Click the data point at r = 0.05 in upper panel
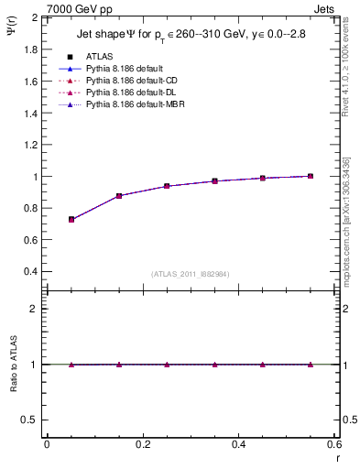(71, 220)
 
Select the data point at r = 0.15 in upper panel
(119, 196)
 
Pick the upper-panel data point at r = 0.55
(311, 176)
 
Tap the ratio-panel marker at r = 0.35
(215, 365)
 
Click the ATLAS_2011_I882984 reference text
(191, 273)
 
